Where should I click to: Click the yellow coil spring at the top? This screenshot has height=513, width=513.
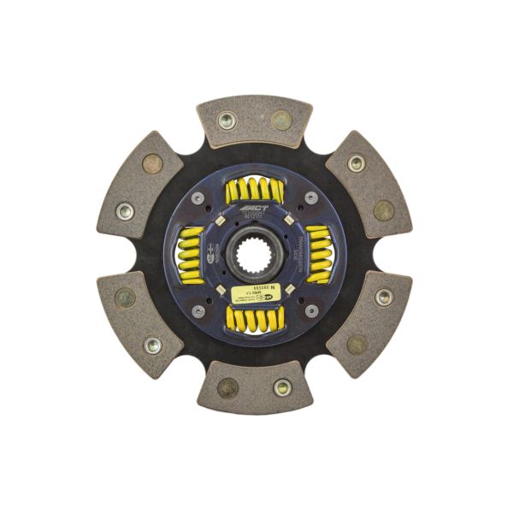254,191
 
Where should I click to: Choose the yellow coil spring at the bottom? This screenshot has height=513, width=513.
254,319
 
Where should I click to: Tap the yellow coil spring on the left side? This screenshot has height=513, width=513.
190,254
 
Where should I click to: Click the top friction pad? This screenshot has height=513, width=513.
254,120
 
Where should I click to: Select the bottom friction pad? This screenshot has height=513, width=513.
254,387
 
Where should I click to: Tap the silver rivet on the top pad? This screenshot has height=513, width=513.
227,121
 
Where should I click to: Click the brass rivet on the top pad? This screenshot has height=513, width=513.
280,120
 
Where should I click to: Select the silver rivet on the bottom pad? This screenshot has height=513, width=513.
282,387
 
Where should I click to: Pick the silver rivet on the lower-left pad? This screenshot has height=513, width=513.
152,345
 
